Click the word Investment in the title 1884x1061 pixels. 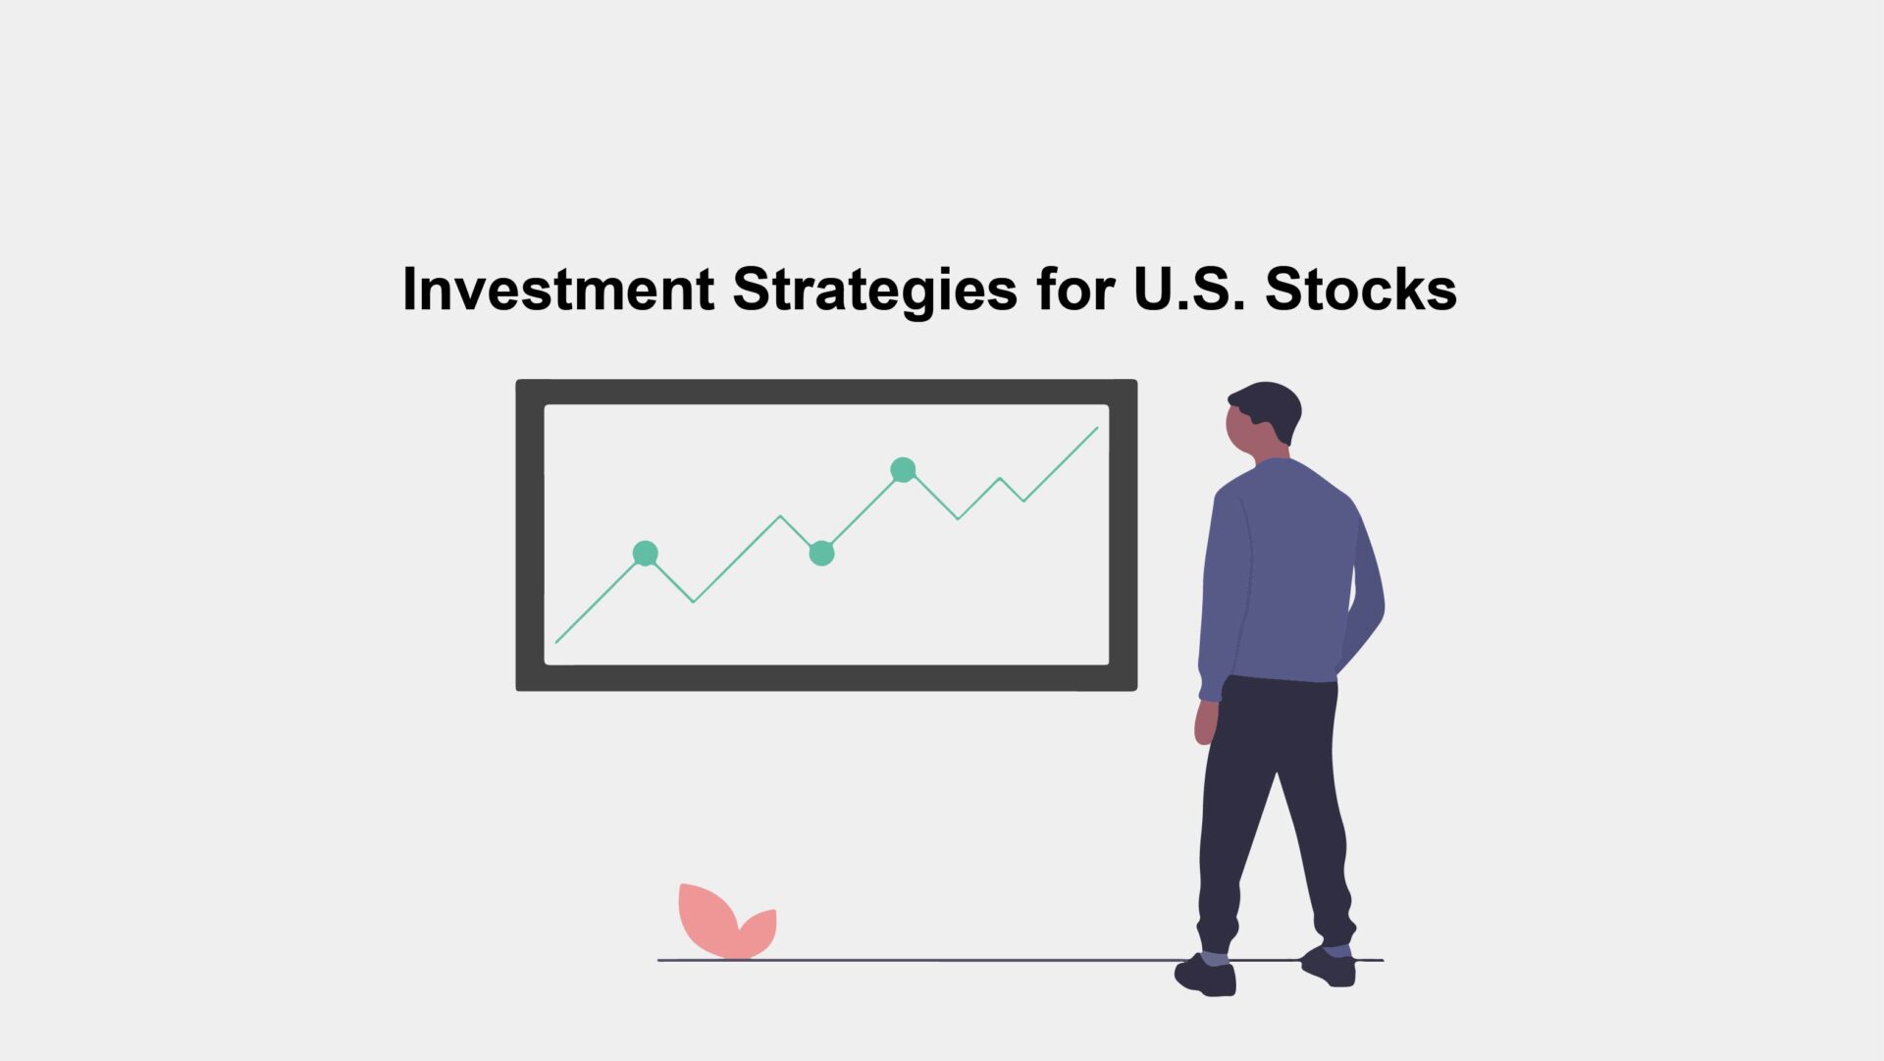(x=558, y=289)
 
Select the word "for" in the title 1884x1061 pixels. (x=1075, y=289)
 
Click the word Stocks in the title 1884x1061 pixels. (x=1361, y=289)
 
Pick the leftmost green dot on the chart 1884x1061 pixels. (x=645, y=554)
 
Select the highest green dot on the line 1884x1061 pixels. (x=903, y=470)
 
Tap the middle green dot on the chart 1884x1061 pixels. (x=821, y=554)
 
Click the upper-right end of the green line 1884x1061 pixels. (x=1097, y=428)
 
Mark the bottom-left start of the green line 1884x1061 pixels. (x=556, y=642)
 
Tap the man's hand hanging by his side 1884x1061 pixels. (x=1205, y=722)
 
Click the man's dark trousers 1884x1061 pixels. (x=1274, y=805)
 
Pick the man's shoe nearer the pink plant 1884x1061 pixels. (x=1206, y=975)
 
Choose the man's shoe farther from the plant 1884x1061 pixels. (x=1330, y=966)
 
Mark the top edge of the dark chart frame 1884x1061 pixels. (x=826, y=392)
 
